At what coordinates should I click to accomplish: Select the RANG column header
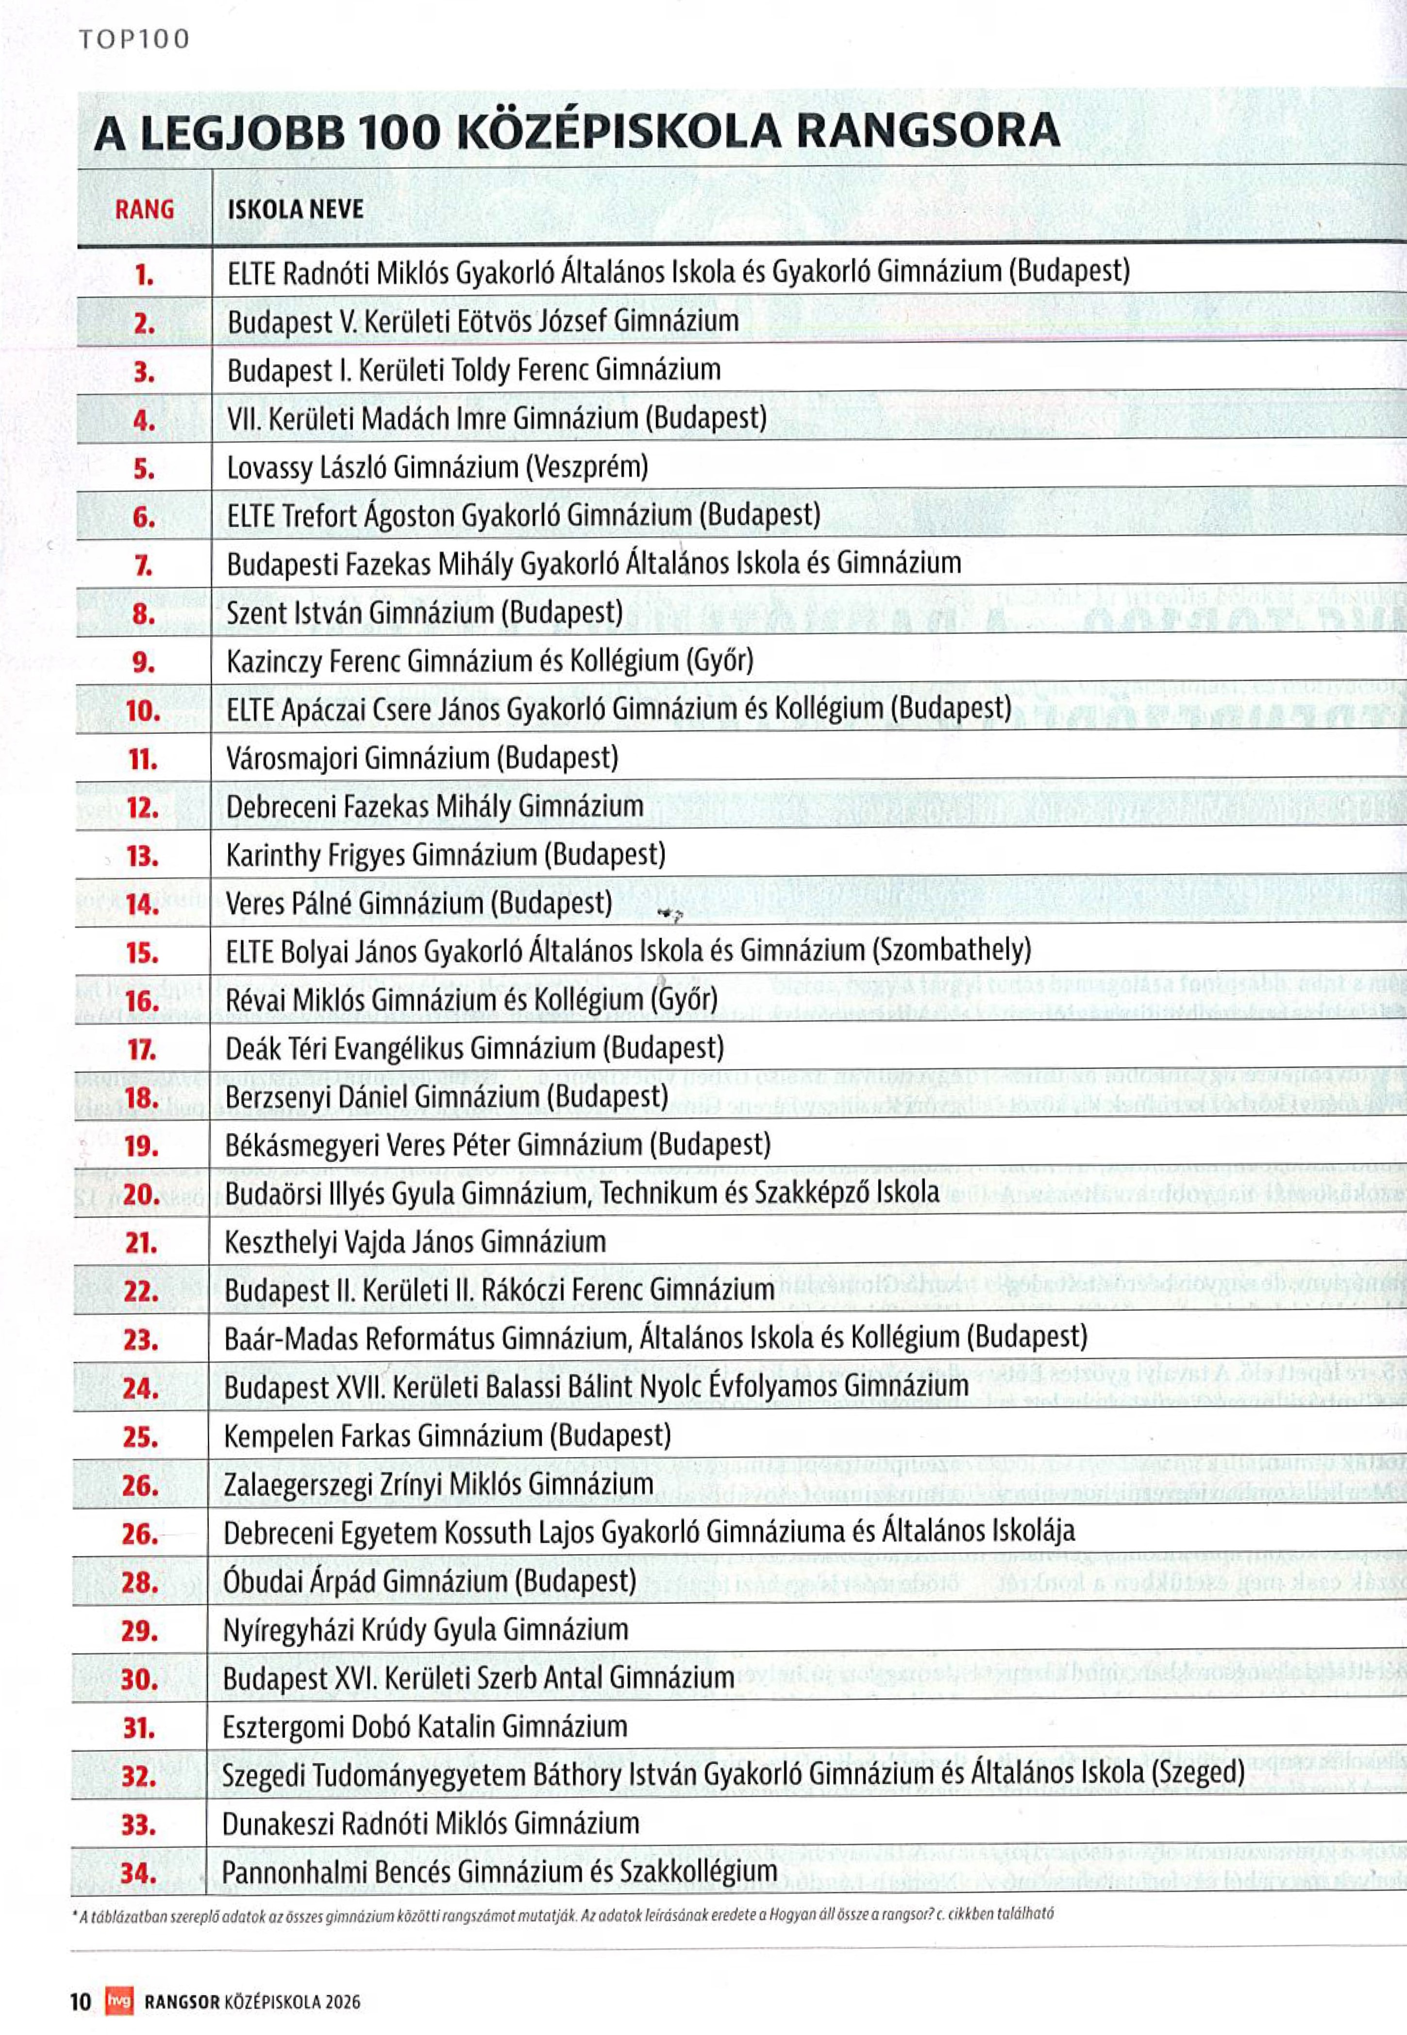pyautogui.click(x=145, y=210)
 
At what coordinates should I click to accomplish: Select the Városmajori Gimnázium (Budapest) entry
pyautogui.click(x=422, y=758)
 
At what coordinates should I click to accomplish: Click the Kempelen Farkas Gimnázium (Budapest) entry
pyautogui.click(x=447, y=1436)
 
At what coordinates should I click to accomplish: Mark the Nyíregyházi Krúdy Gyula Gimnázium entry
pyautogui.click(x=426, y=1629)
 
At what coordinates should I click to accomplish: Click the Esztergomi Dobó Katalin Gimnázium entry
pyautogui.click(x=425, y=1727)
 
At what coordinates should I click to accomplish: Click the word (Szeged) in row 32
pyautogui.click(x=1198, y=1774)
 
